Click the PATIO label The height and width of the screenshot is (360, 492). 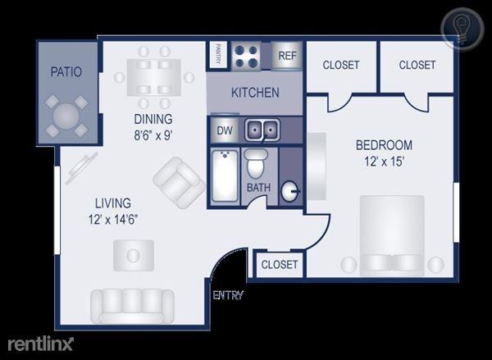tap(66, 72)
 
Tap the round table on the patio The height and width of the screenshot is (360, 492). tap(66, 116)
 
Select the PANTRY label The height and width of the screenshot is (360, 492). tap(217, 54)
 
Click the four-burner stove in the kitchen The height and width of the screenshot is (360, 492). tap(246, 57)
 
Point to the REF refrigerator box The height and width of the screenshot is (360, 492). tap(287, 56)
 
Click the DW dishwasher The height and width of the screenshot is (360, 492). tap(225, 130)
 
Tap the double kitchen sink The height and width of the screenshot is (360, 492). tap(262, 130)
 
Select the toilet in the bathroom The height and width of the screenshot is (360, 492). tap(256, 164)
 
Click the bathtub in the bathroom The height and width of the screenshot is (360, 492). tap(225, 175)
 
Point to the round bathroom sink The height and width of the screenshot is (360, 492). tap(289, 191)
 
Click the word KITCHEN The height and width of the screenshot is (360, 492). tap(255, 93)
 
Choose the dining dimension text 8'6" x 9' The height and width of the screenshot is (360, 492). tap(153, 135)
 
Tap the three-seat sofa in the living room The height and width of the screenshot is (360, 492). tap(132, 307)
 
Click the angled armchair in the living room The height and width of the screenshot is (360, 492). tap(179, 182)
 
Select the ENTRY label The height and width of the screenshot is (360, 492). tap(228, 295)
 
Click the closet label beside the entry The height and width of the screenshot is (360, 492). tap(280, 264)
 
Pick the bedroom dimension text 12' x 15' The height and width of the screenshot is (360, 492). tap(384, 162)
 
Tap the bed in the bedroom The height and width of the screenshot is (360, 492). tap(392, 235)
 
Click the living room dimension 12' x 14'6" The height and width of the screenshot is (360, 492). tap(113, 220)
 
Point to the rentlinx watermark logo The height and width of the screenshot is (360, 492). tap(41, 344)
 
